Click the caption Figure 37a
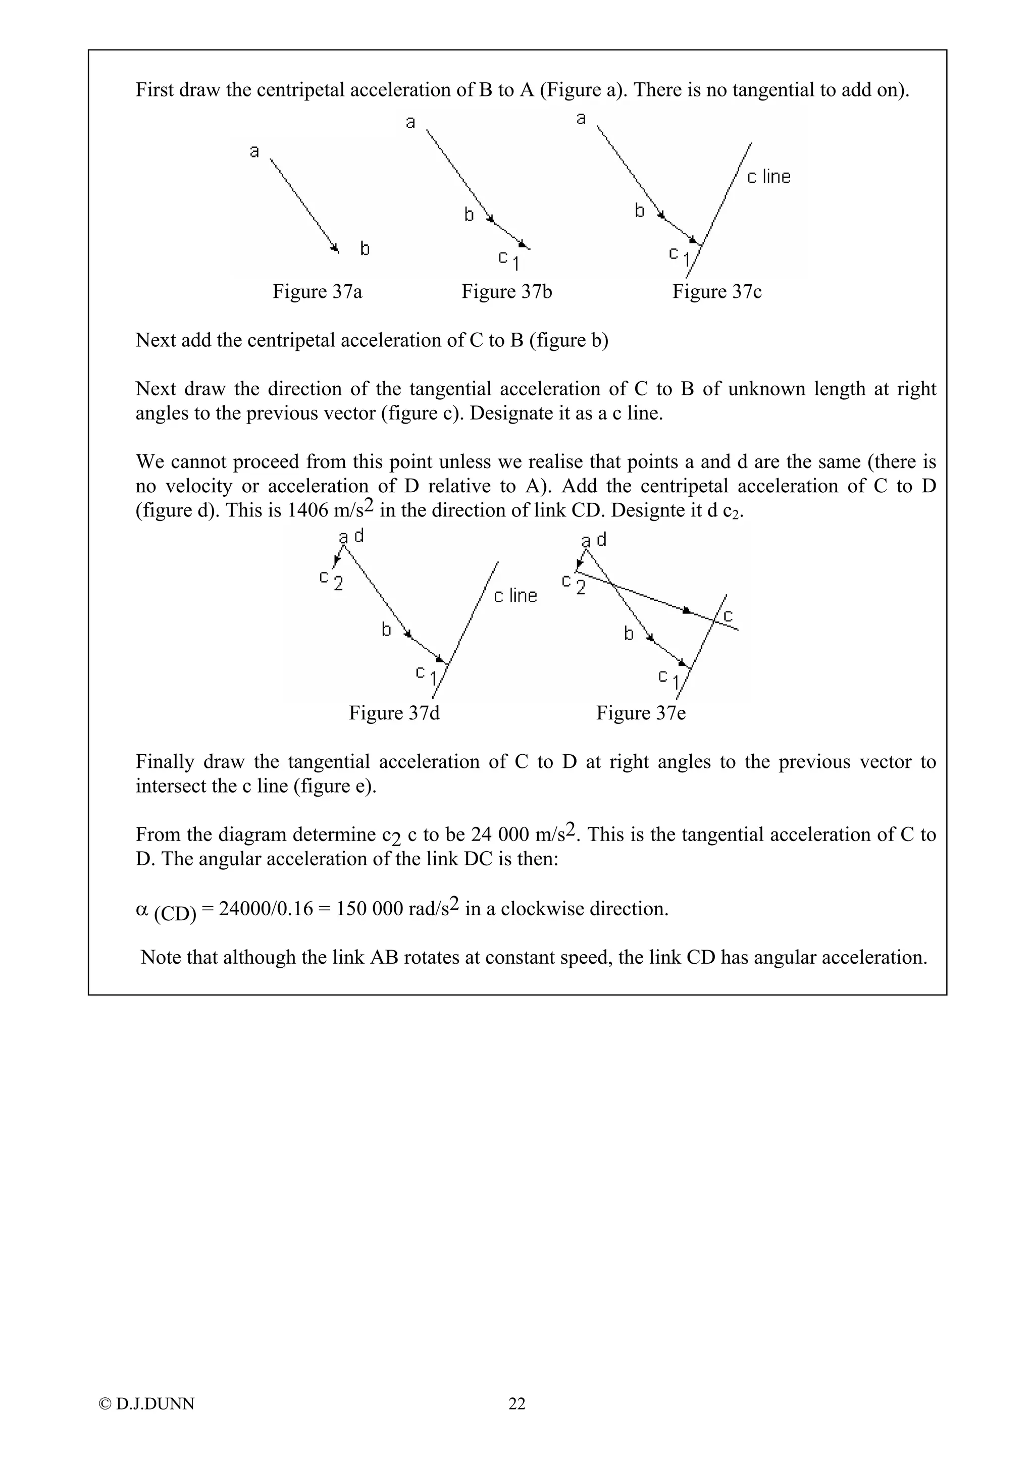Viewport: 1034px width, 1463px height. (x=317, y=292)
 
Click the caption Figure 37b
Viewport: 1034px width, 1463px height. (x=506, y=292)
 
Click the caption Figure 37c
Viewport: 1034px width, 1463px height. (x=717, y=292)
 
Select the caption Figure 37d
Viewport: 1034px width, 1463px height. (x=394, y=712)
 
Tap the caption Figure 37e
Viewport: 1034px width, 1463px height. (x=641, y=712)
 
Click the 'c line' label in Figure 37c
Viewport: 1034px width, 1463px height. (x=768, y=177)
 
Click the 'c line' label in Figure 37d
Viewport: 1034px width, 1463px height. (x=515, y=596)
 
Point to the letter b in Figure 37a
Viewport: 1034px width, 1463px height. (x=365, y=248)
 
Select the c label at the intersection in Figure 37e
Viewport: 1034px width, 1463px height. (x=728, y=615)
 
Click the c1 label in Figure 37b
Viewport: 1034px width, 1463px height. (x=509, y=260)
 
